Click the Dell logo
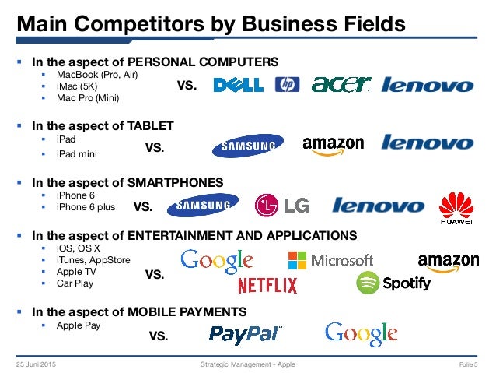tap(239, 85)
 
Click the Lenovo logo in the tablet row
tap(428, 143)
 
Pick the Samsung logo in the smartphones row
tap(204, 206)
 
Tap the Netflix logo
tap(267, 285)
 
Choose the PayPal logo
tap(245, 335)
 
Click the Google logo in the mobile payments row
tap(361, 333)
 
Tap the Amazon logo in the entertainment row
tap(448, 262)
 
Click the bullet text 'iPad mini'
tap(80, 154)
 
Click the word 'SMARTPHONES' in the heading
tap(181, 182)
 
